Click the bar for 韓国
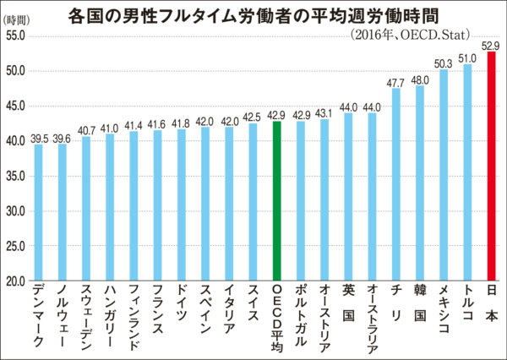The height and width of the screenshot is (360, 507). (x=420, y=183)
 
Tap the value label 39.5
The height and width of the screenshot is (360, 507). (x=37, y=137)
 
